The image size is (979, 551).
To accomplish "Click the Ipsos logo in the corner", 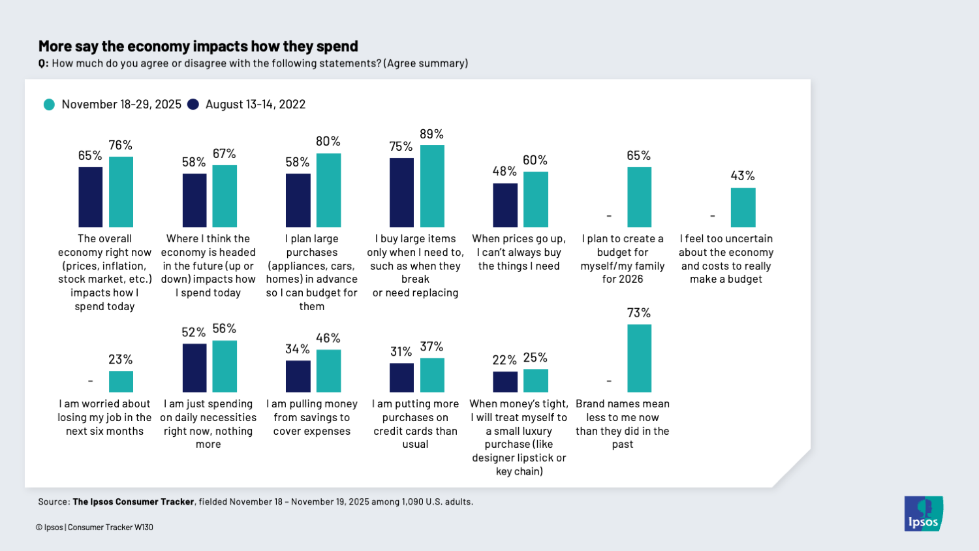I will pos(923,514).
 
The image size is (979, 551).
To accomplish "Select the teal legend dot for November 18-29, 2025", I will pos(49,104).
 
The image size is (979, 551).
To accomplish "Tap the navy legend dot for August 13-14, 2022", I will pos(193,104).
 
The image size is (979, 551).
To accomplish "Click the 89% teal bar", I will pos(432,186).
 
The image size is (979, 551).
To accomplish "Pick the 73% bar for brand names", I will pos(639,358).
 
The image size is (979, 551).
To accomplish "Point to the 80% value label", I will pos(328,142).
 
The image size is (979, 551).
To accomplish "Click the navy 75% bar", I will pos(401,193).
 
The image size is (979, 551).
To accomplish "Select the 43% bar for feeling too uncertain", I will pos(743,208).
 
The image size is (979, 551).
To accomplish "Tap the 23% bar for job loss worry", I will pos(121,381).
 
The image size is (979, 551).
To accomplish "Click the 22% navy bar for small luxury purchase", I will pos(505,382).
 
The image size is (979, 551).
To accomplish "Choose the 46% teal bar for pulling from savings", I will pos(328,371).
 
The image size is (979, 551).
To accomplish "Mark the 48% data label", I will pos(505,172).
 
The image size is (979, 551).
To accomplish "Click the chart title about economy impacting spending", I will pos(198,46).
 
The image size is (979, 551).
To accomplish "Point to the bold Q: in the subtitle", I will pos(43,64).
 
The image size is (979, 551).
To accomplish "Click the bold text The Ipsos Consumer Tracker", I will pos(133,502).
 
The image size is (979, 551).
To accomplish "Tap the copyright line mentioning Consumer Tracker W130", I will pos(95,527).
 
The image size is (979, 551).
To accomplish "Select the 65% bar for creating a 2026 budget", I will pos(639,197).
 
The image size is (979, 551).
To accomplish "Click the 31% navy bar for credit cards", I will pos(401,378).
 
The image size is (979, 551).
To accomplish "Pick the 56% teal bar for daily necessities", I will pos(225,366).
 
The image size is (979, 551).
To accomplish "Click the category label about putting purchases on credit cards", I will pos(415,424).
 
